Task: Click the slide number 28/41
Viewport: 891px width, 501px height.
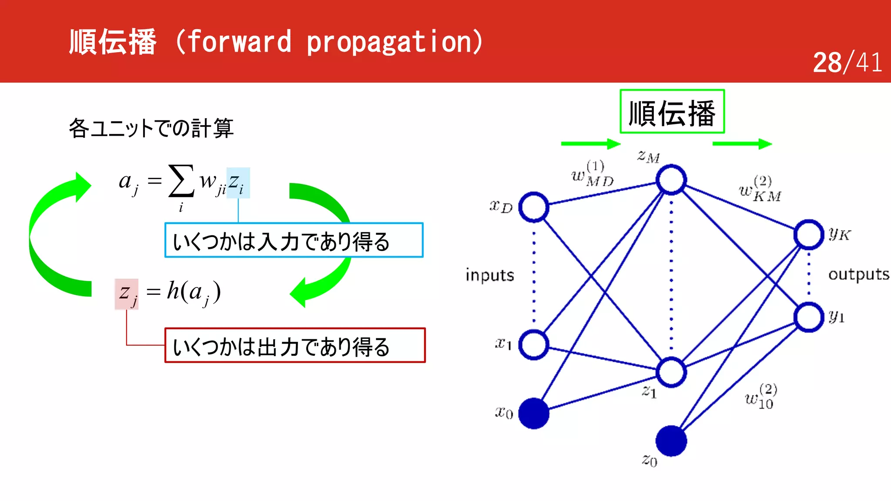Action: pyautogui.click(x=847, y=62)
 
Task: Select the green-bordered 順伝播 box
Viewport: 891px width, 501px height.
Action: pyautogui.click(x=672, y=112)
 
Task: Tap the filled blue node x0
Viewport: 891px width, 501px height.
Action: pyautogui.click(x=534, y=413)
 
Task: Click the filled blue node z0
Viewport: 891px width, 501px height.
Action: pyautogui.click(x=671, y=441)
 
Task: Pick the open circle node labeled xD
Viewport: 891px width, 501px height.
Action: pyautogui.click(x=534, y=207)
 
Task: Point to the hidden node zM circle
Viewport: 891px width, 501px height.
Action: pyautogui.click(x=671, y=179)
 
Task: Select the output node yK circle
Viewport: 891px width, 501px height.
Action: pyautogui.click(x=808, y=234)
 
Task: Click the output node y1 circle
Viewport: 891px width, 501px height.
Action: pyautogui.click(x=808, y=317)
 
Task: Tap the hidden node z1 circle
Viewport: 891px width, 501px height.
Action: pyautogui.click(x=671, y=372)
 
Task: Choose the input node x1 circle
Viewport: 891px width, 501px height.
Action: pyautogui.click(x=534, y=344)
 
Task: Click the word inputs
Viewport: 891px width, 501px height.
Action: pyautogui.click(x=489, y=275)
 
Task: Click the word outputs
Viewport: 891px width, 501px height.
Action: pyautogui.click(x=858, y=274)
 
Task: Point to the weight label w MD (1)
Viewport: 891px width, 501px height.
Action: pyautogui.click(x=593, y=174)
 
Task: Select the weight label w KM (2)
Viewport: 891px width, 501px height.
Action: pyautogui.click(x=760, y=190)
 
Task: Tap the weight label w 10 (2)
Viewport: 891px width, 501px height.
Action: pyautogui.click(x=760, y=397)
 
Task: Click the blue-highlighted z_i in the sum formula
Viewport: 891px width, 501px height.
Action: pyautogui.click(x=238, y=183)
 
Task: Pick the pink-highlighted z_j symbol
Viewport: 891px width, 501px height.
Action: pyautogui.click(x=127, y=294)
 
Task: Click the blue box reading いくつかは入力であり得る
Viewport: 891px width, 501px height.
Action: pyautogui.click(x=294, y=240)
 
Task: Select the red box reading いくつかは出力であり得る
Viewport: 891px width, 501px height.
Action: pyautogui.click(x=295, y=345)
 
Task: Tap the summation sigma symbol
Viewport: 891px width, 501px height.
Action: pyautogui.click(x=181, y=180)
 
